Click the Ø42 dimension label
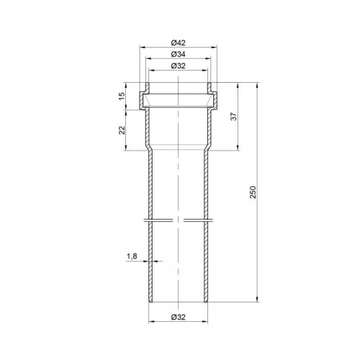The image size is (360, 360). pyautogui.click(x=179, y=43)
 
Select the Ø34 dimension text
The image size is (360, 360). pyautogui.click(x=179, y=54)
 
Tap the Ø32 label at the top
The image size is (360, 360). pyautogui.click(x=179, y=66)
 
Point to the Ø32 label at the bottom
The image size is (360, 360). pyautogui.click(x=179, y=317)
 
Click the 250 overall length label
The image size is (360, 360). pyautogui.click(x=253, y=192)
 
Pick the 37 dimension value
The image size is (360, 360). pyautogui.click(x=234, y=117)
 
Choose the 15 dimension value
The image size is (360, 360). pyautogui.click(x=122, y=96)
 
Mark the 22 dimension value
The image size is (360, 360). pyautogui.click(x=122, y=130)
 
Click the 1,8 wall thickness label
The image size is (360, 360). pyautogui.click(x=132, y=256)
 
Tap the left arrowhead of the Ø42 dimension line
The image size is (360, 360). pyautogui.click(x=143, y=48)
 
